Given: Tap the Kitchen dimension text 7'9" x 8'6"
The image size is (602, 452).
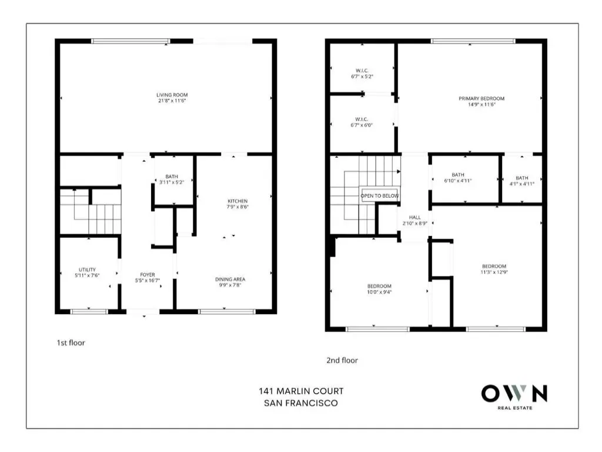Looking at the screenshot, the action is [238, 207].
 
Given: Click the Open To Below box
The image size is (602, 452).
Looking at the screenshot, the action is [380, 195].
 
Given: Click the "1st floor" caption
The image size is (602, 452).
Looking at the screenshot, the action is [71, 343].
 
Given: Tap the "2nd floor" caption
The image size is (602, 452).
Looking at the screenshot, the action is [342, 361].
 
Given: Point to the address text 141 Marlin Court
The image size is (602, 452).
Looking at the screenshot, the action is [301, 391].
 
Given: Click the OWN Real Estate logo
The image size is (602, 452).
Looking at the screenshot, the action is [514, 397].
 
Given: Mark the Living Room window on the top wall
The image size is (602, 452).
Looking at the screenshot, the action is [131, 41].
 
